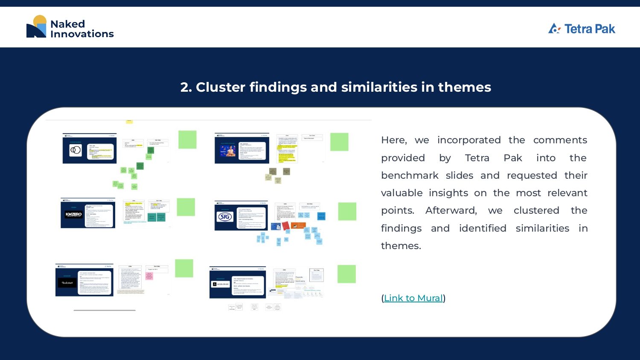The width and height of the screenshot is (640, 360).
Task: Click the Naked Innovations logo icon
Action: click(37, 27)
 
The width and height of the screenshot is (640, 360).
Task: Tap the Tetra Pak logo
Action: click(582, 29)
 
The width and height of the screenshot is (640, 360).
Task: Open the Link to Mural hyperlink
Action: click(413, 298)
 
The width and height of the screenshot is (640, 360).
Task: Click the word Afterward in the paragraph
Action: click(451, 211)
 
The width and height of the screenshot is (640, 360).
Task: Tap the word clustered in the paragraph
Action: click(536, 211)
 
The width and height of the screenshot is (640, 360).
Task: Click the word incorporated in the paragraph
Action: click(468, 140)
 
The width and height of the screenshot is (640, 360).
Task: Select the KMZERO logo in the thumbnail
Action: click(73, 215)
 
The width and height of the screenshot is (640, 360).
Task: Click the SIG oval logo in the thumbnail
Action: click(225, 217)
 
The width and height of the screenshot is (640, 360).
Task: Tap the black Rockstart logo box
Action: click(67, 282)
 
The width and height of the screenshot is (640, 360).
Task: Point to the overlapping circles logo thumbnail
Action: click(76, 150)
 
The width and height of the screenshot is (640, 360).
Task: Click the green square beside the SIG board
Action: click(347, 212)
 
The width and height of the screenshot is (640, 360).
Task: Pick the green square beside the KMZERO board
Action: click(186, 207)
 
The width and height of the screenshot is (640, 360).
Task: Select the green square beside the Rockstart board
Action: click(184, 268)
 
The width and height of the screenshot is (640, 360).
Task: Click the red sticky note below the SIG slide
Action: click(285, 225)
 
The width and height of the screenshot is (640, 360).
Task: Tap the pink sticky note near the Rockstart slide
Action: click(149, 276)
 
